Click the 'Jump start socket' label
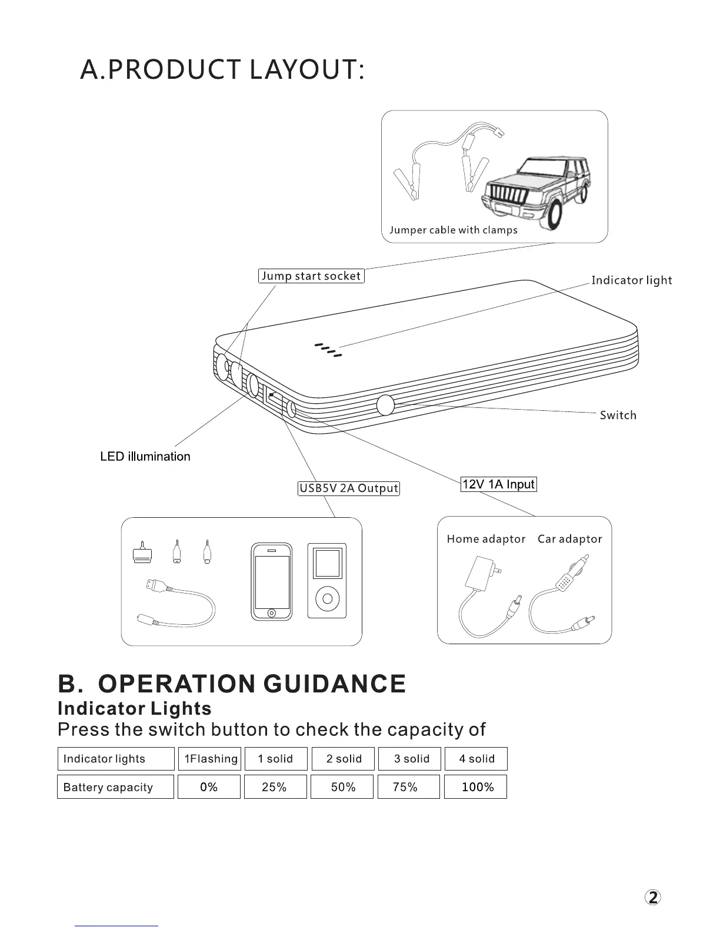pyautogui.click(x=311, y=276)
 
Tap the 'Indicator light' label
pyautogui.click(x=631, y=280)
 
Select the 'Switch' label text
pyautogui.click(x=618, y=416)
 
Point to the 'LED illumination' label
pyautogui.click(x=145, y=457)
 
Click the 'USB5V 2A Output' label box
pyautogui.click(x=349, y=488)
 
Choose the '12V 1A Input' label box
pyautogui.click(x=498, y=484)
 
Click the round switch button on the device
pyautogui.click(x=385, y=405)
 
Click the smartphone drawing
pyautogui.click(x=271, y=581)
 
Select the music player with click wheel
pyautogui.click(x=327, y=581)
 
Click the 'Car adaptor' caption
pyautogui.click(x=569, y=539)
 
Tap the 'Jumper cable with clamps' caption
pyautogui.click(x=453, y=230)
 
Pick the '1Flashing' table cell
pyautogui.click(x=210, y=759)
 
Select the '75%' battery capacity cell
pyautogui.click(x=408, y=787)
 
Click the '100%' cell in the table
pyautogui.click(x=475, y=787)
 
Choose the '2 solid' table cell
pyautogui.click(x=344, y=759)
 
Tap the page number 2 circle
pyautogui.click(x=652, y=897)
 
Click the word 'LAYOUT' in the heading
pyautogui.click(x=303, y=70)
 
